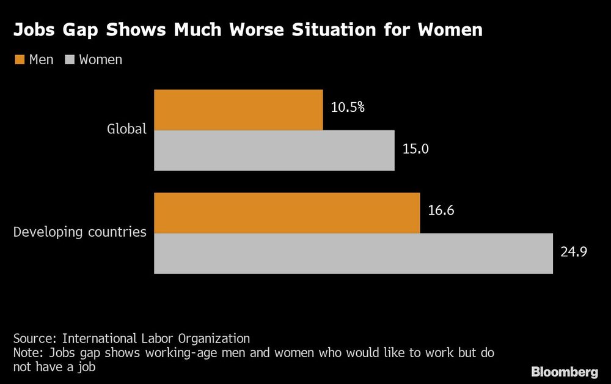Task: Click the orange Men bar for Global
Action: click(x=238, y=110)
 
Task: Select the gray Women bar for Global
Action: click(x=274, y=150)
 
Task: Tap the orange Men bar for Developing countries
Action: click(x=287, y=213)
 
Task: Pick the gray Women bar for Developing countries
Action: click(x=353, y=253)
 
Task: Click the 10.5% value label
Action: click(x=348, y=108)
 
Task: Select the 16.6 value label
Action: click(x=441, y=211)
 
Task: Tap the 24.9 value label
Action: click(x=574, y=251)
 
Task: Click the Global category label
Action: click(x=127, y=129)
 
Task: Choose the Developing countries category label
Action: click(x=80, y=232)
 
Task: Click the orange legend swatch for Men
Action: click(x=19, y=60)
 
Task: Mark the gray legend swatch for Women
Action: click(x=69, y=60)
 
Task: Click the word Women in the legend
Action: click(x=101, y=60)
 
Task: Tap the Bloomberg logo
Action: click(x=565, y=372)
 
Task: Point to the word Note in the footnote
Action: click(x=27, y=353)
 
